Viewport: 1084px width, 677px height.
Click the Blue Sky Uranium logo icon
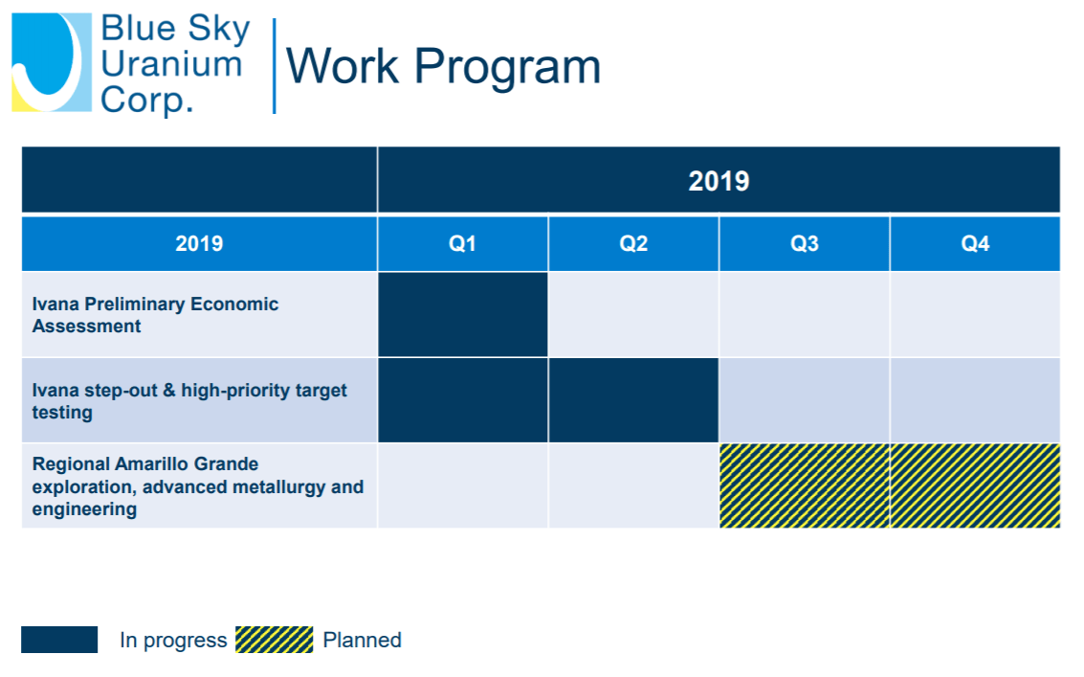coord(52,62)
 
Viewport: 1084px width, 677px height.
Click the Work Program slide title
coord(443,66)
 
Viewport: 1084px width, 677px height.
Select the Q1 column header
coord(462,243)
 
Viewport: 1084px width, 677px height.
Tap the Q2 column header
coord(633,243)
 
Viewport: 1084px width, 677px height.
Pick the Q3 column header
coord(804,243)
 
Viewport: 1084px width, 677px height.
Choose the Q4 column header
coord(975,243)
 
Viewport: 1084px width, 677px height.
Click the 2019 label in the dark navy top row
coord(719,181)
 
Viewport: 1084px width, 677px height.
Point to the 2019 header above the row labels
coord(199,243)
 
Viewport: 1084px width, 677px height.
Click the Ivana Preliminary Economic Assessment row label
coord(156,315)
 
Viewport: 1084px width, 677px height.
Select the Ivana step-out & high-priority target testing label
coord(189,401)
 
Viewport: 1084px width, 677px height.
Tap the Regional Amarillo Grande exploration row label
coord(198,486)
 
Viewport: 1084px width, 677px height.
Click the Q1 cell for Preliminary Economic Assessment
coord(462,314)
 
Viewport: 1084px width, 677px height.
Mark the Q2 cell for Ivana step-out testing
coord(633,400)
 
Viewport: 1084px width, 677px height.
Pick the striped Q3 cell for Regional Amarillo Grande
coord(804,485)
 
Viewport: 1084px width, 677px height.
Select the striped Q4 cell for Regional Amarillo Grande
coord(975,485)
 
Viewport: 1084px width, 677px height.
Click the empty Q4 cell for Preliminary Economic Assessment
coord(975,314)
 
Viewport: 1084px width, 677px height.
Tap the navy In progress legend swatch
coord(59,640)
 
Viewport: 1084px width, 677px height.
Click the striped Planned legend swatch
coord(274,640)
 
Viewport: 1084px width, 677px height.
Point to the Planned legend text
coord(363,640)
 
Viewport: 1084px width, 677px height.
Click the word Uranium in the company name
coord(171,64)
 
